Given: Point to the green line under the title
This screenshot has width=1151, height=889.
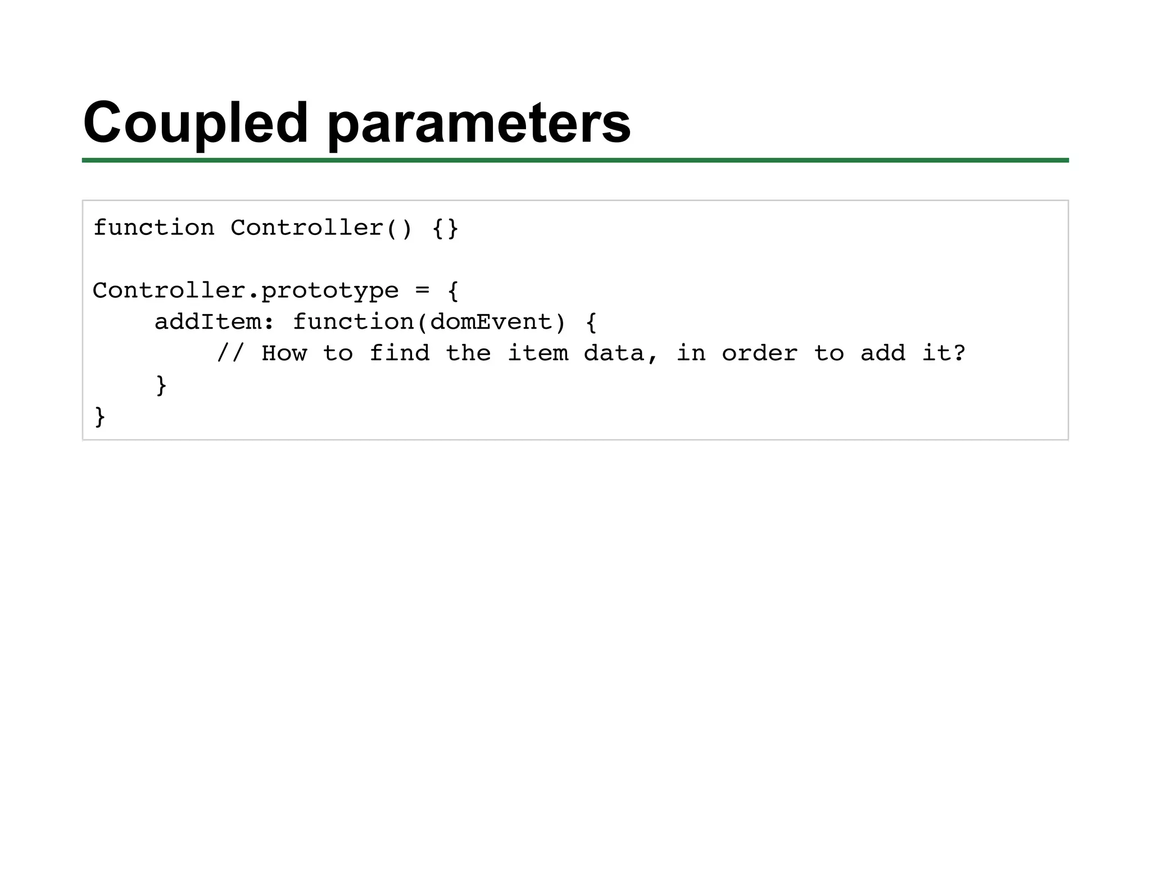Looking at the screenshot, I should [575, 161].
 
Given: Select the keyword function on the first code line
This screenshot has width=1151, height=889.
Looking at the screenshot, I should [153, 228].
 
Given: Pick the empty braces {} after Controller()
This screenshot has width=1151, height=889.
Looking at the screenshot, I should [446, 228].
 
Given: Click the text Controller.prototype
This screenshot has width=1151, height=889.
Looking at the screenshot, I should [246, 291].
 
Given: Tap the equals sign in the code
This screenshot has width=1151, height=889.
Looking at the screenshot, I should [423, 291].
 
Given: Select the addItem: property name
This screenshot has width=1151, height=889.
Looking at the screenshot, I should [214, 323].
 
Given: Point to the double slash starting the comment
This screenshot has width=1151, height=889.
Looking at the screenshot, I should [230, 354].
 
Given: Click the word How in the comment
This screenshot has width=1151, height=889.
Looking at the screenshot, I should [284, 354].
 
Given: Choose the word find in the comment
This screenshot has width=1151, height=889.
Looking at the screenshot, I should [399, 354].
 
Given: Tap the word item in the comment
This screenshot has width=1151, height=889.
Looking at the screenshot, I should [538, 354].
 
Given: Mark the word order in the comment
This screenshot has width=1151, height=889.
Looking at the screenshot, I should [759, 354].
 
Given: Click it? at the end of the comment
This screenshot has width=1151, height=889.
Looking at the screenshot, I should [944, 354].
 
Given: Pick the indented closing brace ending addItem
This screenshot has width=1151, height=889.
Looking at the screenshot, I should [161, 385].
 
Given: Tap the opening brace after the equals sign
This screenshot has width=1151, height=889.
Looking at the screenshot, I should [454, 291].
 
